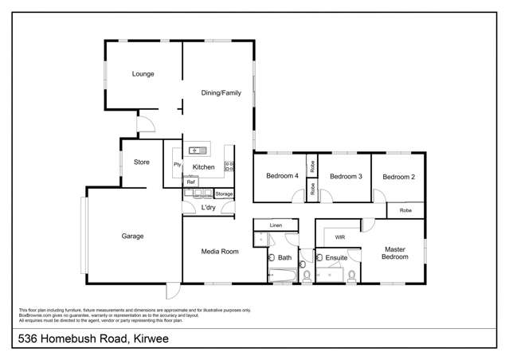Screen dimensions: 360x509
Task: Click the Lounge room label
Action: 143,74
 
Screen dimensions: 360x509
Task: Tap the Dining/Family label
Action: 221,93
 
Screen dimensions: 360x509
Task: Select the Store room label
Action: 142,162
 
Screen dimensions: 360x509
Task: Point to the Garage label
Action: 131,236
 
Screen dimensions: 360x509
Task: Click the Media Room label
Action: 221,252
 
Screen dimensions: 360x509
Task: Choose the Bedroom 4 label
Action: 282,176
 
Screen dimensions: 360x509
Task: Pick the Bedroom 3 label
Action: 346,176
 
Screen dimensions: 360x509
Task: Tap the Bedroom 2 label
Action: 399,176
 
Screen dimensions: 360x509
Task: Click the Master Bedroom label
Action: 395,253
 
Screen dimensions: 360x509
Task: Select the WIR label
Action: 339,237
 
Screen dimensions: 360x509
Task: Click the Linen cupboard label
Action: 276,226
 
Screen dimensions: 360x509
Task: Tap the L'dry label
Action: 208,208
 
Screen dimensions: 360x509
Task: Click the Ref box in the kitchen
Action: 191,182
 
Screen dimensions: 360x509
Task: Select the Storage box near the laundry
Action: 224,194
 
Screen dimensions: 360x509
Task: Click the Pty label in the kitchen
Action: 177,164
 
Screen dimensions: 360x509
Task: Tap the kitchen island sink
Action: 198,150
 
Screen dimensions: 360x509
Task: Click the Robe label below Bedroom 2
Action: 405,210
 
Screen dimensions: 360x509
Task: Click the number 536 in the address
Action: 30,339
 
